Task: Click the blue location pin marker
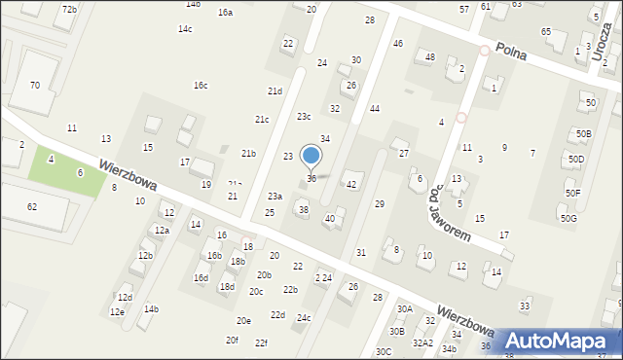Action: (x=311, y=157)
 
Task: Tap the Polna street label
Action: (x=510, y=50)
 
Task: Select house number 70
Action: (x=35, y=86)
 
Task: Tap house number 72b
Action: (x=69, y=9)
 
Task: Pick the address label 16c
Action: (x=200, y=86)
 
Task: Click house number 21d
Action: (x=275, y=91)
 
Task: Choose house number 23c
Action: (x=304, y=117)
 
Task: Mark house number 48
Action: (x=429, y=57)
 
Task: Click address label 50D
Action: (x=577, y=159)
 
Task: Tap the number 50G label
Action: (x=568, y=219)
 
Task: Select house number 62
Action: (x=32, y=207)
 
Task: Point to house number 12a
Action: (x=162, y=231)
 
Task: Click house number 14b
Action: (x=151, y=309)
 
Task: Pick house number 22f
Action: (x=261, y=343)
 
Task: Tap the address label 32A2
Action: (x=422, y=343)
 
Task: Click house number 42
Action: (x=351, y=185)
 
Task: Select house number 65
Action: (x=546, y=32)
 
